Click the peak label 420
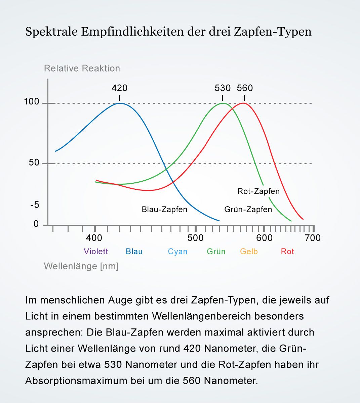119,88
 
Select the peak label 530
223,88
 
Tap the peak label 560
245,88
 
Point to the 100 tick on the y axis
32,102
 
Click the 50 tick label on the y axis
34,163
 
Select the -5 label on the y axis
35,205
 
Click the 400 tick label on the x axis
94,238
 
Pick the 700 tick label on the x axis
313,238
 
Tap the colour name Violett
96,252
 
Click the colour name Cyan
177,252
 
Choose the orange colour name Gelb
249,252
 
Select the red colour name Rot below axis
287,252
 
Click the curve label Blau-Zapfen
164,210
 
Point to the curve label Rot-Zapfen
258,191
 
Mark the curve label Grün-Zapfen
248,210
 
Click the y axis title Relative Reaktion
82,69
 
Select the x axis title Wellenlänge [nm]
81,266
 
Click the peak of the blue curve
119,103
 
